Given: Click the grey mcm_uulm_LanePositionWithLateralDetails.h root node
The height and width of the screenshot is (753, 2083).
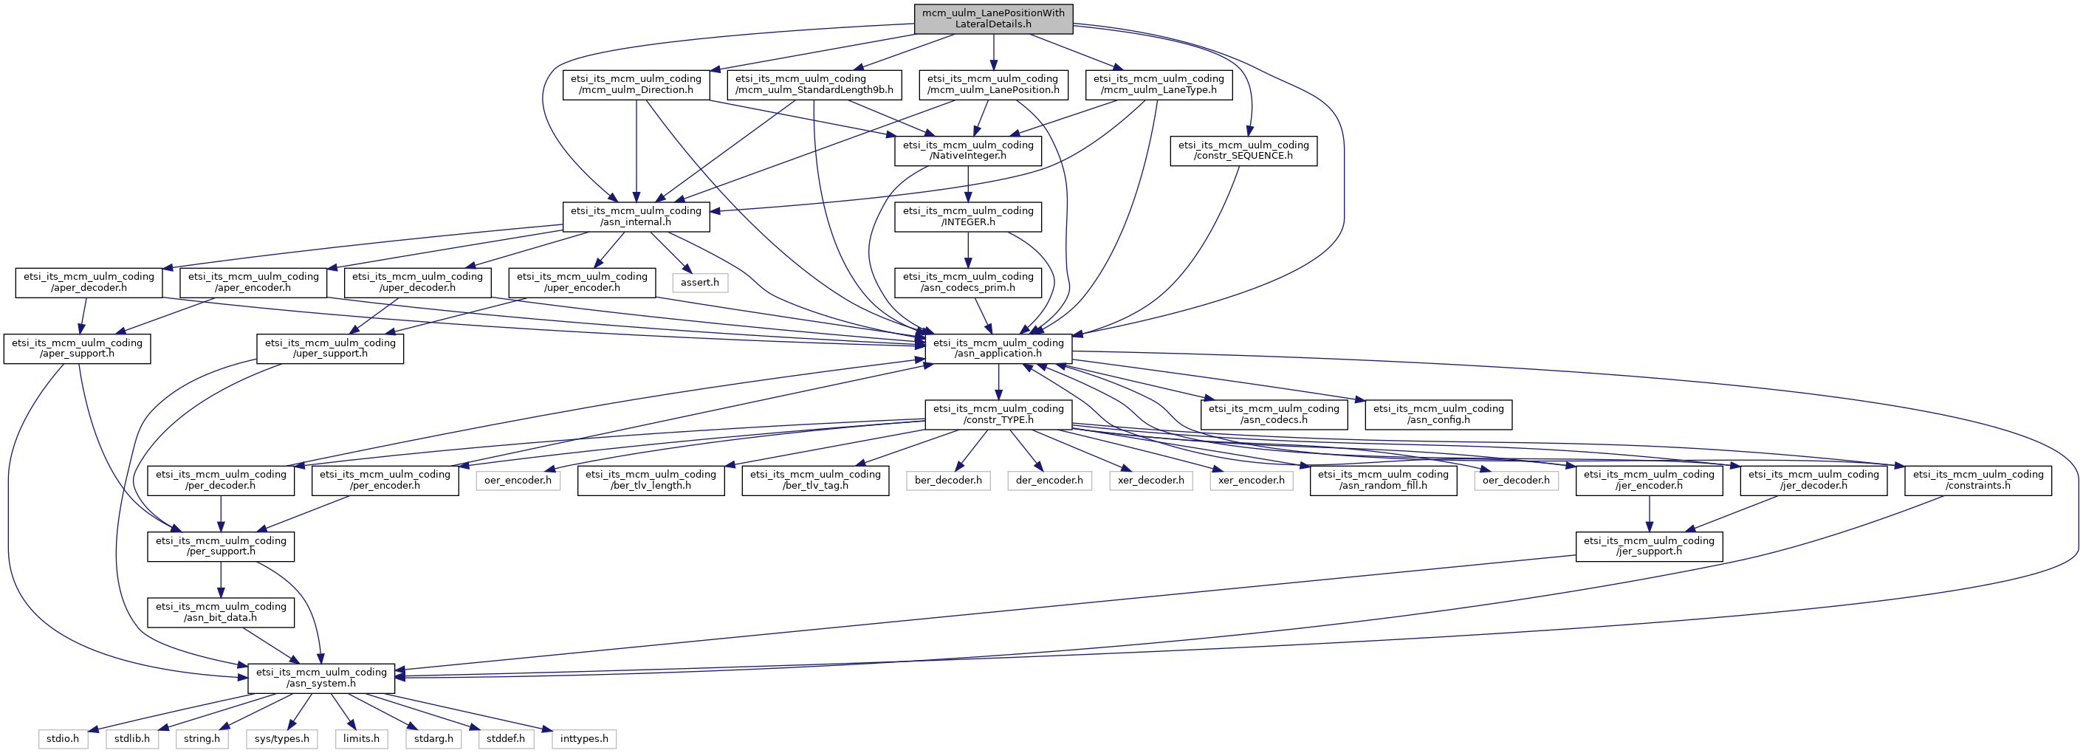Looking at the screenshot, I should click(x=993, y=18).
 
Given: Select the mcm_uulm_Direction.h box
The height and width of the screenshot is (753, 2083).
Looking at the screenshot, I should click(x=636, y=84).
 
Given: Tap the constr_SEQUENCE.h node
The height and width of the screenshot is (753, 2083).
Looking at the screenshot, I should click(x=1243, y=151).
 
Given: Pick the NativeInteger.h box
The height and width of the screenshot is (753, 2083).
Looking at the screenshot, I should click(x=968, y=151).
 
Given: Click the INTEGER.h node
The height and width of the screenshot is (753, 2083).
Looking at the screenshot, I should click(x=968, y=216).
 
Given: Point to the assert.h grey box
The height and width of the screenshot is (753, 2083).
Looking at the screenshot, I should click(x=699, y=282).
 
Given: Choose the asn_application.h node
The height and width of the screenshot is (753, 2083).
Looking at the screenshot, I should click(x=998, y=348).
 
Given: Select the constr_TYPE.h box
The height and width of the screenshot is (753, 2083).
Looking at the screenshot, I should click(x=998, y=414).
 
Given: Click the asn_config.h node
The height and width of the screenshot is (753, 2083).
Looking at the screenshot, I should click(x=1438, y=414).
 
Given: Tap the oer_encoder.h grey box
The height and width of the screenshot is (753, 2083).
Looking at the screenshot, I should click(x=518, y=481).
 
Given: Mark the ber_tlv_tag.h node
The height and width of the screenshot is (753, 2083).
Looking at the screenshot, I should click(x=815, y=480).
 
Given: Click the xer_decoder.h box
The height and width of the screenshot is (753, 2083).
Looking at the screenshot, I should click(x=1150, y=481).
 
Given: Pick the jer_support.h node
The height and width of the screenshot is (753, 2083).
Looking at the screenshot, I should click(x=1649, y=546).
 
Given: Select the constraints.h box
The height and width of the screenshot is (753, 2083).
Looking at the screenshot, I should click(x=1978, y=480).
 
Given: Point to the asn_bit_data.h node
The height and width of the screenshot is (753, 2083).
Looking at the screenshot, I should click(x=221, y=611).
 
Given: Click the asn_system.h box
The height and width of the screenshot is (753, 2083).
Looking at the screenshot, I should click(x=321, y=678).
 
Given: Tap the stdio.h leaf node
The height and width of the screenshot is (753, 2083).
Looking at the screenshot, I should click(x=62, y=738).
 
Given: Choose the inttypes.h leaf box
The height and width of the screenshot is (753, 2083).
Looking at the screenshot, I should click(x=584, y=738).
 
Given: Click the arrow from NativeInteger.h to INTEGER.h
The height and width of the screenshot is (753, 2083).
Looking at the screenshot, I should click(x=968, y=184).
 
